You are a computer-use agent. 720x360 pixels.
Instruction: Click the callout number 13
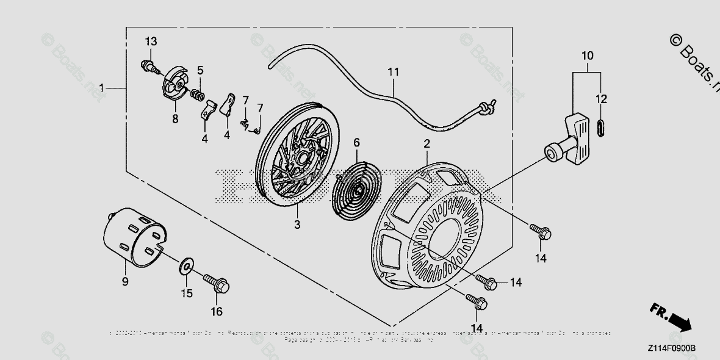(x=151, y=41)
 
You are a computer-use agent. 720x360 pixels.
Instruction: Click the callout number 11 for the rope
(x=394, y=72)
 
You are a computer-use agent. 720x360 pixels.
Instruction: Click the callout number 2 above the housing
(x=427, y=144)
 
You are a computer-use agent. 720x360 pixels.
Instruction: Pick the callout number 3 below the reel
(x=297, y=225)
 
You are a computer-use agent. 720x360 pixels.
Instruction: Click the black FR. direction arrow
(x=677, y=321)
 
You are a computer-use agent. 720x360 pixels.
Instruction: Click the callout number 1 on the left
(x=102, y=88)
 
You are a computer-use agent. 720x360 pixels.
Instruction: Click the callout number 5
(x=200, y=71)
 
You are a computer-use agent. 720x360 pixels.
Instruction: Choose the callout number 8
(x=175, y=118)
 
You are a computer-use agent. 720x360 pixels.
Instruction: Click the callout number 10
(x=587, y=56)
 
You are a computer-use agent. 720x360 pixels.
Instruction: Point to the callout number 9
(x=124, y=281)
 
